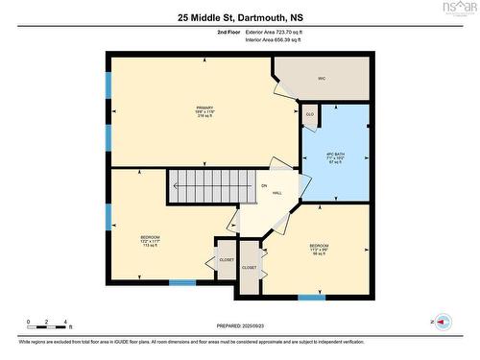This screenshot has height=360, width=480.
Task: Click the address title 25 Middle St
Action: pyautogui.click(x=239, y=17)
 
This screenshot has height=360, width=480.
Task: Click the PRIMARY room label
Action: pyautogui.click(x=204, y=107)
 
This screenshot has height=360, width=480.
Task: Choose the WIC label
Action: pyautogui.click(x=322, y=79)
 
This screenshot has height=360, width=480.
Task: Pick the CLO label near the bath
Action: pyautogui.click(x=309, y=114)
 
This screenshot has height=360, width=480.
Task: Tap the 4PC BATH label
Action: pyautogui.click(x=335, y=155)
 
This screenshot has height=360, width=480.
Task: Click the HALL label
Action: pyautogui.click(x=276, y=193)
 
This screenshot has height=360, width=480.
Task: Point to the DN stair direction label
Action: pyautogui.click(x=263, y=184)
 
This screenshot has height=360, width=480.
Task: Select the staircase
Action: pyautogui.click(x=203, y=185)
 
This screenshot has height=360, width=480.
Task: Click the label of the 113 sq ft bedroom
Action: pyautogui.click(x=151, y=236)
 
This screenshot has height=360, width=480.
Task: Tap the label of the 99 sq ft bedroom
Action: pyautogui.click(x=319, y=246)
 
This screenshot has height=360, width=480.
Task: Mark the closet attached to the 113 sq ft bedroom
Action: pyautogui.click(x=226, y=259)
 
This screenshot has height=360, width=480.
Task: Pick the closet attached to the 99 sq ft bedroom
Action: pyautogui.click(x=250, y=268)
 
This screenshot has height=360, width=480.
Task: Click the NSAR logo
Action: pyautogui.click(x=459, y=9)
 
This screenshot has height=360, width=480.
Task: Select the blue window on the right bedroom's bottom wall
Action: pyautogui.click(x=311, y=297)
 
